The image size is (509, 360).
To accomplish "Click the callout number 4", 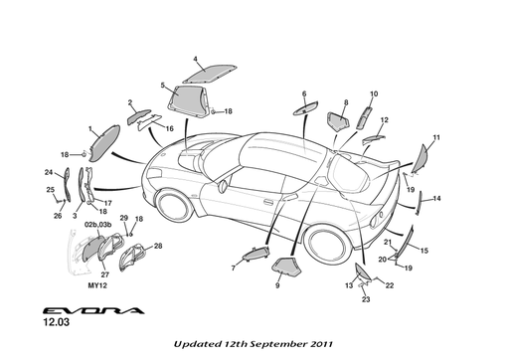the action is click(195, 60).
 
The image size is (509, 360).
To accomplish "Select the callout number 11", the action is click(436, 137).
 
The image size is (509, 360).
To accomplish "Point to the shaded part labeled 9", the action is click(286, 268).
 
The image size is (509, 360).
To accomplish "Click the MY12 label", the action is click(97, 285).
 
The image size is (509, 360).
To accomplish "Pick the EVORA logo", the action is click(93, 310).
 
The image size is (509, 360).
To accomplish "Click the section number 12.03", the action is click(57, 322).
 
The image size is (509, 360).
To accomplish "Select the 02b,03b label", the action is click(98, 225).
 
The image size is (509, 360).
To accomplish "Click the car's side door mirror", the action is click(223, 186).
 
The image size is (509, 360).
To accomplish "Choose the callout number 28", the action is click(158, 246).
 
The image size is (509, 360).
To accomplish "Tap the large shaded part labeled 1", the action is click(104, 142).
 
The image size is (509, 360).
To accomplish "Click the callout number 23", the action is click(366, 299).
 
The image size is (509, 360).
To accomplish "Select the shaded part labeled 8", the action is click(338, 121).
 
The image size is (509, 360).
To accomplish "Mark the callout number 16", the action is click(169, 128).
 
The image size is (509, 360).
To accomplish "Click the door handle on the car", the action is click(268, 201).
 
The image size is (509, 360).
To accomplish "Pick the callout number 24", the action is click(49, 172).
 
